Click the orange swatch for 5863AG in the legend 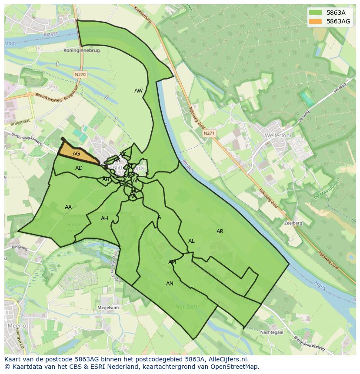click(x=316, y=21)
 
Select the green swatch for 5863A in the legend click(x=316, y=13)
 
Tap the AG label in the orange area click(x=76, y=154)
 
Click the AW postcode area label click(x=138, y=91)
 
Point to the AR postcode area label click(x=220, y=232)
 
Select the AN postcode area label click(x=170, y=284)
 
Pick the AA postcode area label click(x=68, y=207)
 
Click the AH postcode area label click(x=104, y=218)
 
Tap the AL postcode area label click(x=191, y=241)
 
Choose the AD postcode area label click(x=79, y=168)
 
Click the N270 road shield click(x=80, y=75)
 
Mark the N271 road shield click(x=209, y=133)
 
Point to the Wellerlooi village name click(x=277, y=136)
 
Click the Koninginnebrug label click(x=81, y=50)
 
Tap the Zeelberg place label click(x=293, y=223)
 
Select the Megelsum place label click(x=108, y=308)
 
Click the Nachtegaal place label click(x=272, y=332)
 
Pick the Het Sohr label click(x=187, y=306)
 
